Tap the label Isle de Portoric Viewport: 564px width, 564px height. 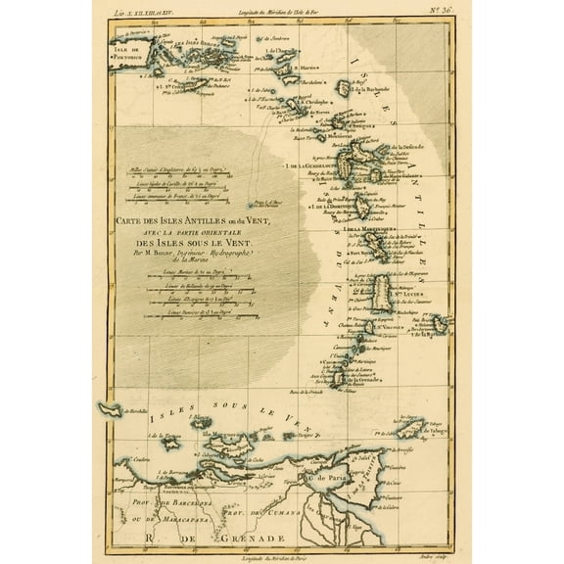pyautogui.click(x=128, y=60)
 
